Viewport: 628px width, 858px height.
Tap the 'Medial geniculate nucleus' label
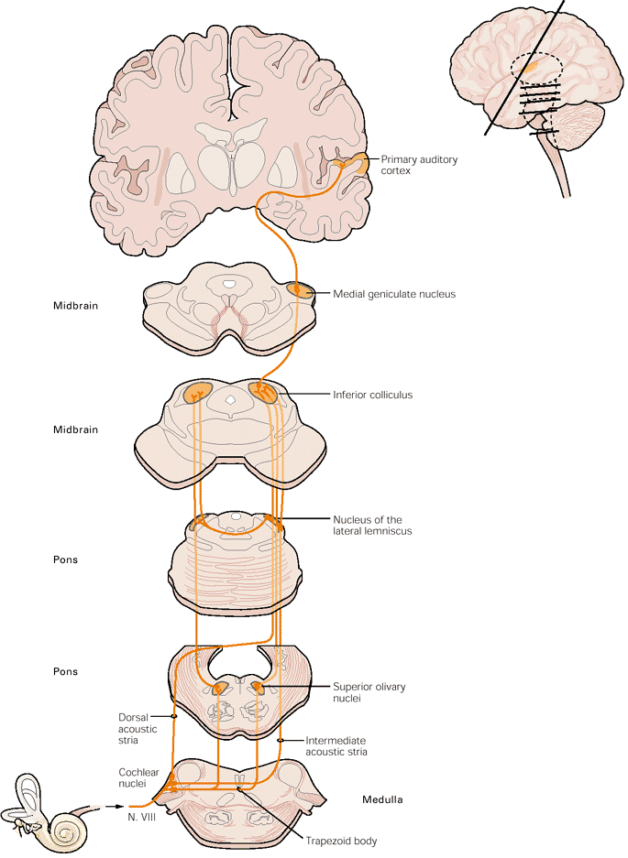[394, 294]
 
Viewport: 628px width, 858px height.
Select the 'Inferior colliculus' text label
[372, 395]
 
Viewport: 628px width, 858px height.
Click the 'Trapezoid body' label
[344, 841]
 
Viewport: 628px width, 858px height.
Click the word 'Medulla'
[380, 799]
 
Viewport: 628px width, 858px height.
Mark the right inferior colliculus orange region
[264, 392]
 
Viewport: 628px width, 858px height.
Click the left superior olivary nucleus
[221, 687]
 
